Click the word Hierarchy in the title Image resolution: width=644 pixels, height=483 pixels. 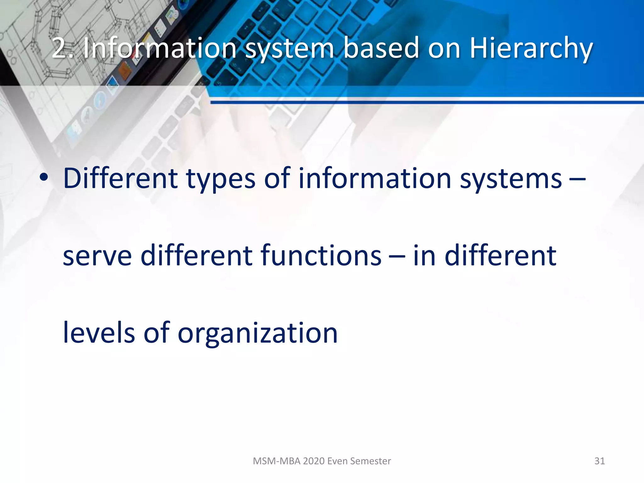point(531,49)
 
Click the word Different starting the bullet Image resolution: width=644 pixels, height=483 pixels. point(120,179)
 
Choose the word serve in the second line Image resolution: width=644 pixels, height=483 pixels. point(97,256)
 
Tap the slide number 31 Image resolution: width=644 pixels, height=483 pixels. point(599,461)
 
